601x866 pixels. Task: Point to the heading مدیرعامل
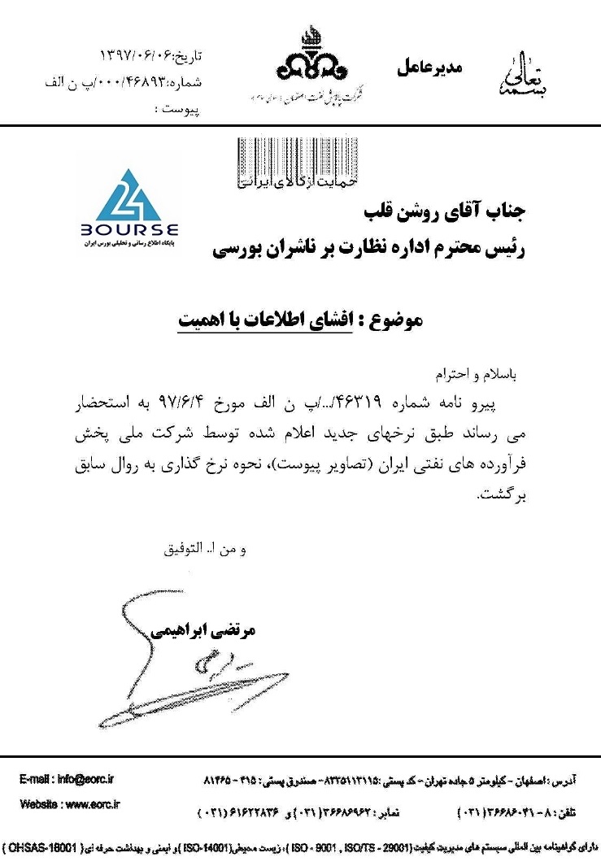pos(429,67)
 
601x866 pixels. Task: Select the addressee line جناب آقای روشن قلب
pos(444,215)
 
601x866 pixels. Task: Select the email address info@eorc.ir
pos(67,779)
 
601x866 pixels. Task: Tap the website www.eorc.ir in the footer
pos(70,805)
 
